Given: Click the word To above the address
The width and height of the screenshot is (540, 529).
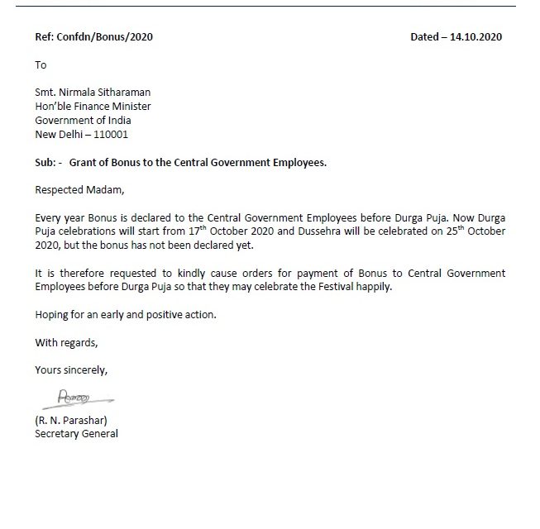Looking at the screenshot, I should point(41,64).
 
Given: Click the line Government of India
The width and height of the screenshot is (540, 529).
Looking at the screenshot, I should point(83,120).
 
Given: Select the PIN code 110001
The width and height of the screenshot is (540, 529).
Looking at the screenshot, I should point(112,134).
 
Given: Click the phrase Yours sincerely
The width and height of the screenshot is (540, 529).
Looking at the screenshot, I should point(71,369).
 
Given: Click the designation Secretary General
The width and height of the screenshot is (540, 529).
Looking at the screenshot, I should point(76,433).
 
